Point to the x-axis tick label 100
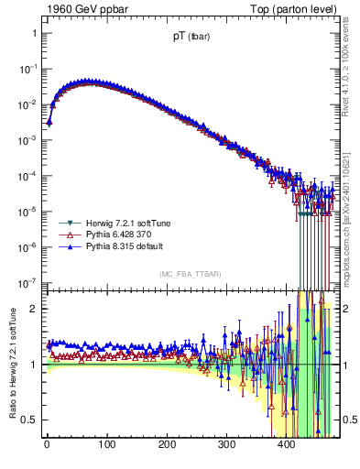coord(106,446)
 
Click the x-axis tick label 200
coord(167,446)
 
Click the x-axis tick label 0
coord(47,446)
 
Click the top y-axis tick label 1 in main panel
coord(33,33)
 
